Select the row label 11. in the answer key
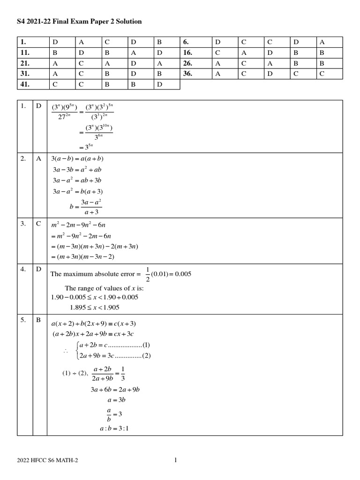pos(25,53)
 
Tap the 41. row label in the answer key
pos(25,84)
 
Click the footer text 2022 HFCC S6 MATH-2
pos(47,460)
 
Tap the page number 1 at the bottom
pos(175,460)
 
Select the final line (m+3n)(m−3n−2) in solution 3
pos(82,256)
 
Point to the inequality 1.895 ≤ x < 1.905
pos(94,307)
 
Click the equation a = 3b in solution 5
pos(116,400)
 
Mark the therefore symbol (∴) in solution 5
pos(65,350)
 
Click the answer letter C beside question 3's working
pos(39,224)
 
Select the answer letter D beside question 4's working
pos(39,269)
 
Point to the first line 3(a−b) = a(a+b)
pos(77,158)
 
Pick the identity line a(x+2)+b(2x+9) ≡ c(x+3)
pos(93,324)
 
